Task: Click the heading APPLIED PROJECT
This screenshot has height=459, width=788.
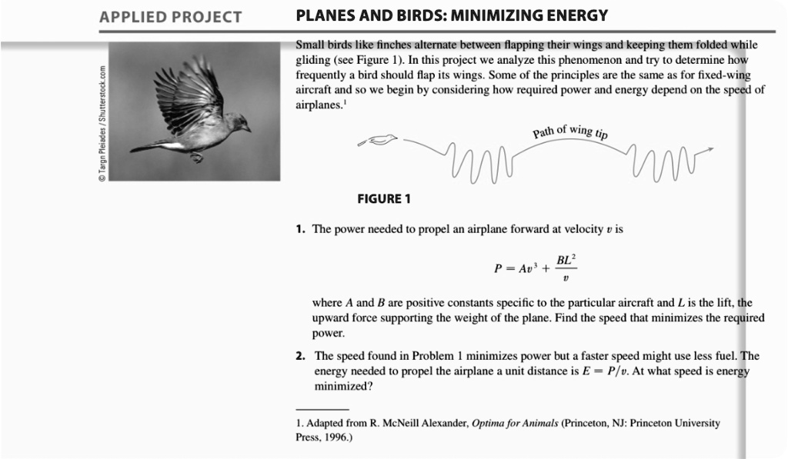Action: [170, 17]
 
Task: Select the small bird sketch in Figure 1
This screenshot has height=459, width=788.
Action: [380, 139]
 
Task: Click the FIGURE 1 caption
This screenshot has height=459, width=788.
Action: [383, 199]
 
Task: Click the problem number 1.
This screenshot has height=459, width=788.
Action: [300, 230]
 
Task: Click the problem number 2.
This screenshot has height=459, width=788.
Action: [300, 356]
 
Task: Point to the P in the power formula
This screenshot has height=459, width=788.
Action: [498, 269]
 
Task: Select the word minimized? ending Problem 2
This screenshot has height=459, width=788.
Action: [342, 387]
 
